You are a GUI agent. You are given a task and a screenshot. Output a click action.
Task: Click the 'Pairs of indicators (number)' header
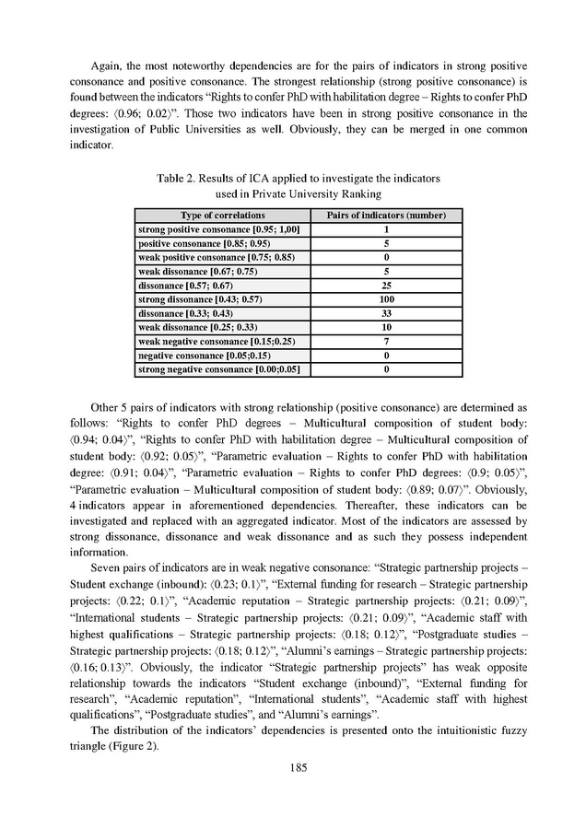387,215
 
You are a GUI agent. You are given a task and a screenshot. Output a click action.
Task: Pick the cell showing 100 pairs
387,299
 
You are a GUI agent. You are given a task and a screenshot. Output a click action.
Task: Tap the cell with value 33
387,313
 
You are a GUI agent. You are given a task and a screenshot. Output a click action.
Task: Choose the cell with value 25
387,286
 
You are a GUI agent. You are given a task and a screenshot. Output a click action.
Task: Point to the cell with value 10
387,327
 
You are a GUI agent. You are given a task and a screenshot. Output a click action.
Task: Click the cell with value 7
387,342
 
